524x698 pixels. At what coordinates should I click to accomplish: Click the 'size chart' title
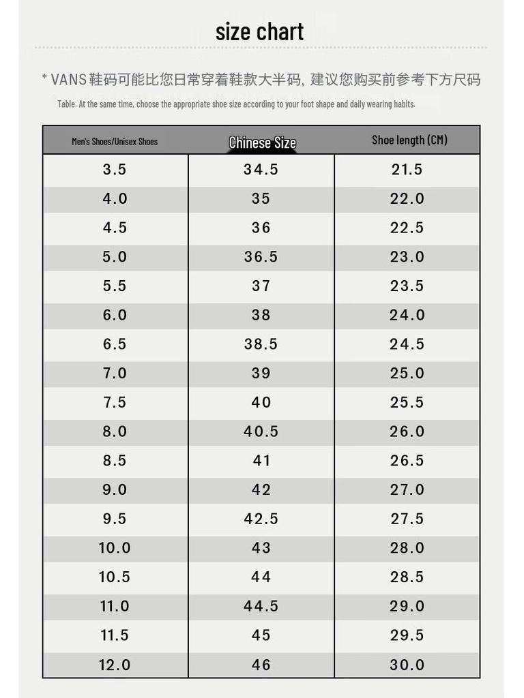[x=259, y=31]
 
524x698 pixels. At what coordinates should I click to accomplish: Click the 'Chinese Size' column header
[x=262, y=142]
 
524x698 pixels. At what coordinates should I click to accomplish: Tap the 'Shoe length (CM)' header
[x=409, y=140]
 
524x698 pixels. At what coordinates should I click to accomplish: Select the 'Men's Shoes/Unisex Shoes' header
[x=115, y=142]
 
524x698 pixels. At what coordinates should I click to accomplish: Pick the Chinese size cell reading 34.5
[x=261, y=170]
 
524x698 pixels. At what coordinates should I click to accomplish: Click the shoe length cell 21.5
[x=407, y=170]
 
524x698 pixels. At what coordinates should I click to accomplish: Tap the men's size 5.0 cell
[x=115, y=257]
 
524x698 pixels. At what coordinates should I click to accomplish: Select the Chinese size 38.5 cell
[x=261, y=344]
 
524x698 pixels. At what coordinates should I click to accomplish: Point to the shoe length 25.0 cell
[x=407, y=374]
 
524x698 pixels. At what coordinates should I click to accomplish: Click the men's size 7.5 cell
[x=115, y=402]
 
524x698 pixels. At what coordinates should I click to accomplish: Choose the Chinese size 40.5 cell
[x=261, y=431]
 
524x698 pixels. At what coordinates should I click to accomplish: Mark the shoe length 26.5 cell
[x=407, y=461]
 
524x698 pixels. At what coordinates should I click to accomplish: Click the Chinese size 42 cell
[x=261, y=490]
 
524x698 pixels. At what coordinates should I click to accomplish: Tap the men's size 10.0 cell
[x=115, y=548]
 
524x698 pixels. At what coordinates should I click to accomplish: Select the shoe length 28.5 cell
[x=407, y=577]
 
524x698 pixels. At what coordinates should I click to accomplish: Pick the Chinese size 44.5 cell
[x=261, y=606]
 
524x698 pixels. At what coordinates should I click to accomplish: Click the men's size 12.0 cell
[x=115, y=665]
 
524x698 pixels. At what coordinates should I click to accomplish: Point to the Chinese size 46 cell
[x=261, y=665]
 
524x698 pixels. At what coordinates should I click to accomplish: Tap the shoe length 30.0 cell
[x=407, y=665]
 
